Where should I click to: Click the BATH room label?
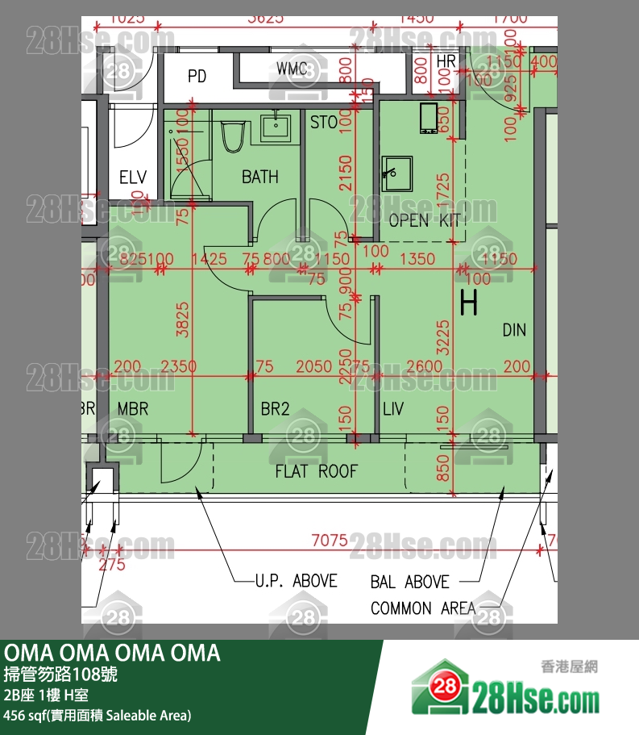point(260,177)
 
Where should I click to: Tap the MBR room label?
point(133,409)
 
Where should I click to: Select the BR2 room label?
point(275,409)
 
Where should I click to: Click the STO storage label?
point(324,123)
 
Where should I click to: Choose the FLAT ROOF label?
point(316,471)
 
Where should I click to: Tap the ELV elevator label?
point(132,177)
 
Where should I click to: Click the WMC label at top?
point(292,69)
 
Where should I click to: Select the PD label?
point(197,77)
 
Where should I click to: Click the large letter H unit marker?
point(468,303)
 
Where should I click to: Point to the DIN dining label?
point(514,329)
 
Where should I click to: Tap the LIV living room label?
point(392,409)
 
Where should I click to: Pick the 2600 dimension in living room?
point(424,366)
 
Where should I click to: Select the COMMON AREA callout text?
point(423,608)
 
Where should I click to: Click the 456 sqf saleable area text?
point(98,715)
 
